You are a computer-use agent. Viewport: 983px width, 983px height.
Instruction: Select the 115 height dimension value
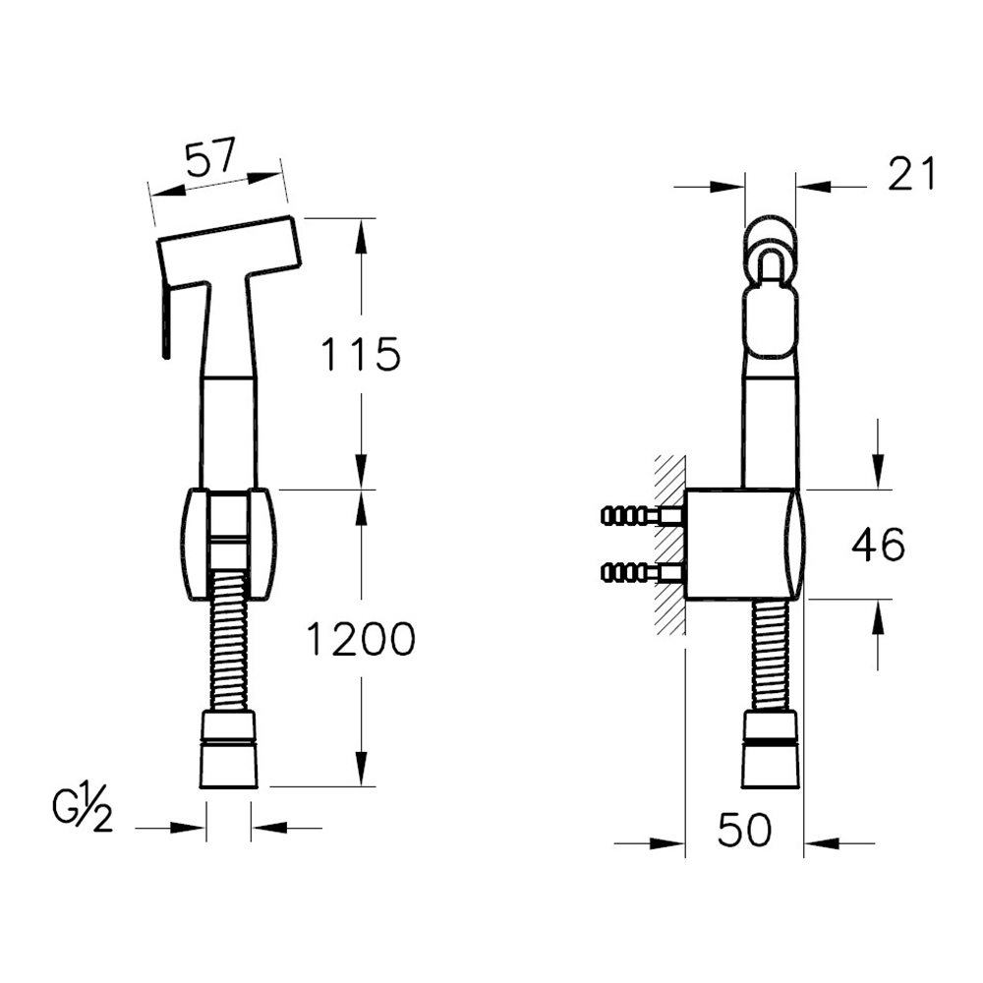[x=360, y=354]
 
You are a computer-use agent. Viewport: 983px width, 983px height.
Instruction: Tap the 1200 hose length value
[x=361, y=640]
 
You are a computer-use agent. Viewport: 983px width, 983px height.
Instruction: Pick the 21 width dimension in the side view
[x=911, y=174]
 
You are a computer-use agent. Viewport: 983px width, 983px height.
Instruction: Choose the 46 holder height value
[x=878, y=545]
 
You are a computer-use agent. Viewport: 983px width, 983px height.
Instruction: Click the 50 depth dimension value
[x=745, y=830]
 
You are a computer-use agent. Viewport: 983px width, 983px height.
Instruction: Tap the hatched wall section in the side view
[x=670, y=546]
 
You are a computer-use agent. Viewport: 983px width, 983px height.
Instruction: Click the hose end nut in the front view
[x=229, y=749]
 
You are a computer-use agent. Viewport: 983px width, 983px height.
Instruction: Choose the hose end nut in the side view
[x=771, y=749]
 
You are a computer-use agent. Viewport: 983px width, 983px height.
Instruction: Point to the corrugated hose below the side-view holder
[x=771, y=655]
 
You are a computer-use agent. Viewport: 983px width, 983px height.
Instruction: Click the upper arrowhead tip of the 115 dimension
[x=361, y=219]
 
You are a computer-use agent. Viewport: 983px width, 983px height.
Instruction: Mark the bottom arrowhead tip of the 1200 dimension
[x=361, y=786]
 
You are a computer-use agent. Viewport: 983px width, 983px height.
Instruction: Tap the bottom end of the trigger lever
[x=166, y=359]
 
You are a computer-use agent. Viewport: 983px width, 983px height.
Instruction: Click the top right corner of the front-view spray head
[x=291, y=216]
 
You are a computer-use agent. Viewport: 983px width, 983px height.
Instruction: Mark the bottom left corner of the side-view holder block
[x=686, y=599]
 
